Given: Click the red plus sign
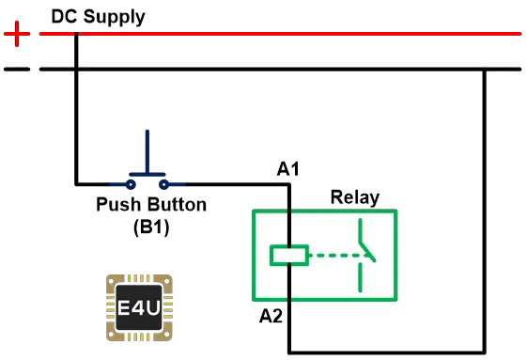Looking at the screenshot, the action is [x=17, y=34].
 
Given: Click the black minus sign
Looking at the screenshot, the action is [x=17, y=70].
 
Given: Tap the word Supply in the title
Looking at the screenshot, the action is [x=115, y=18].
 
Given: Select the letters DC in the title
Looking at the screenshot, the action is [x=64, y=16].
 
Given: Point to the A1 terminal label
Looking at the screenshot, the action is [x=288, y=169].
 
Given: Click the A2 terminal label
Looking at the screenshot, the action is [x=271, y=316].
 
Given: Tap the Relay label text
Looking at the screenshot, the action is [x=355, y=197].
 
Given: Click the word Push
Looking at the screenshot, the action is [x=118, y=204].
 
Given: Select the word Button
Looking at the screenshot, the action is [x=178, y=204].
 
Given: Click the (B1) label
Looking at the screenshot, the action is [x=151, y=227].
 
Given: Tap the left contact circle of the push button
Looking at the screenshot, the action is [x=131, y=184].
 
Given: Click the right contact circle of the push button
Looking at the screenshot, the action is [x=163, y=184].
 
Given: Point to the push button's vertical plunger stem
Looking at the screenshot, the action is [x=147, y=151].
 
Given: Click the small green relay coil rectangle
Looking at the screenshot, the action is [x=289, y=256].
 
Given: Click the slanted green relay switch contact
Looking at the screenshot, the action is [x=367, y=252].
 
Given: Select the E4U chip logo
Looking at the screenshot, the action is [x=139, y=307].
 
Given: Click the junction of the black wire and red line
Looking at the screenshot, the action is [x=76, y=34].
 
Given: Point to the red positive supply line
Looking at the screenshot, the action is [x=280, y=34].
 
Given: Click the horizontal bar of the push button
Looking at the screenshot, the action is [x=147, y=174].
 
